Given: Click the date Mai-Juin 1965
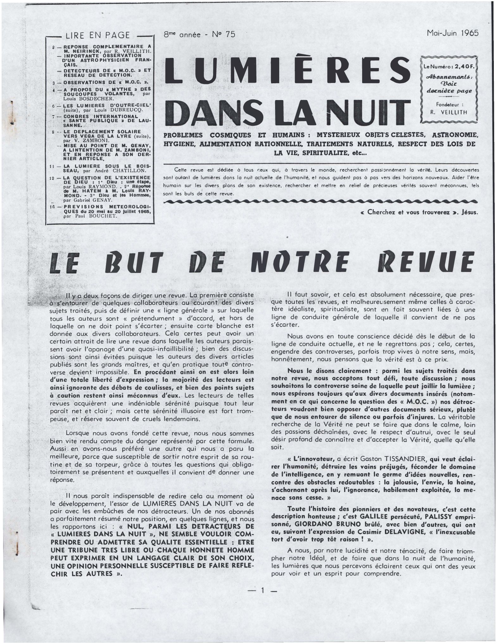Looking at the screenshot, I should click(x=452, y=34).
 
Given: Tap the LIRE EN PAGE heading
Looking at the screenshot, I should click(x=97, y=35).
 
